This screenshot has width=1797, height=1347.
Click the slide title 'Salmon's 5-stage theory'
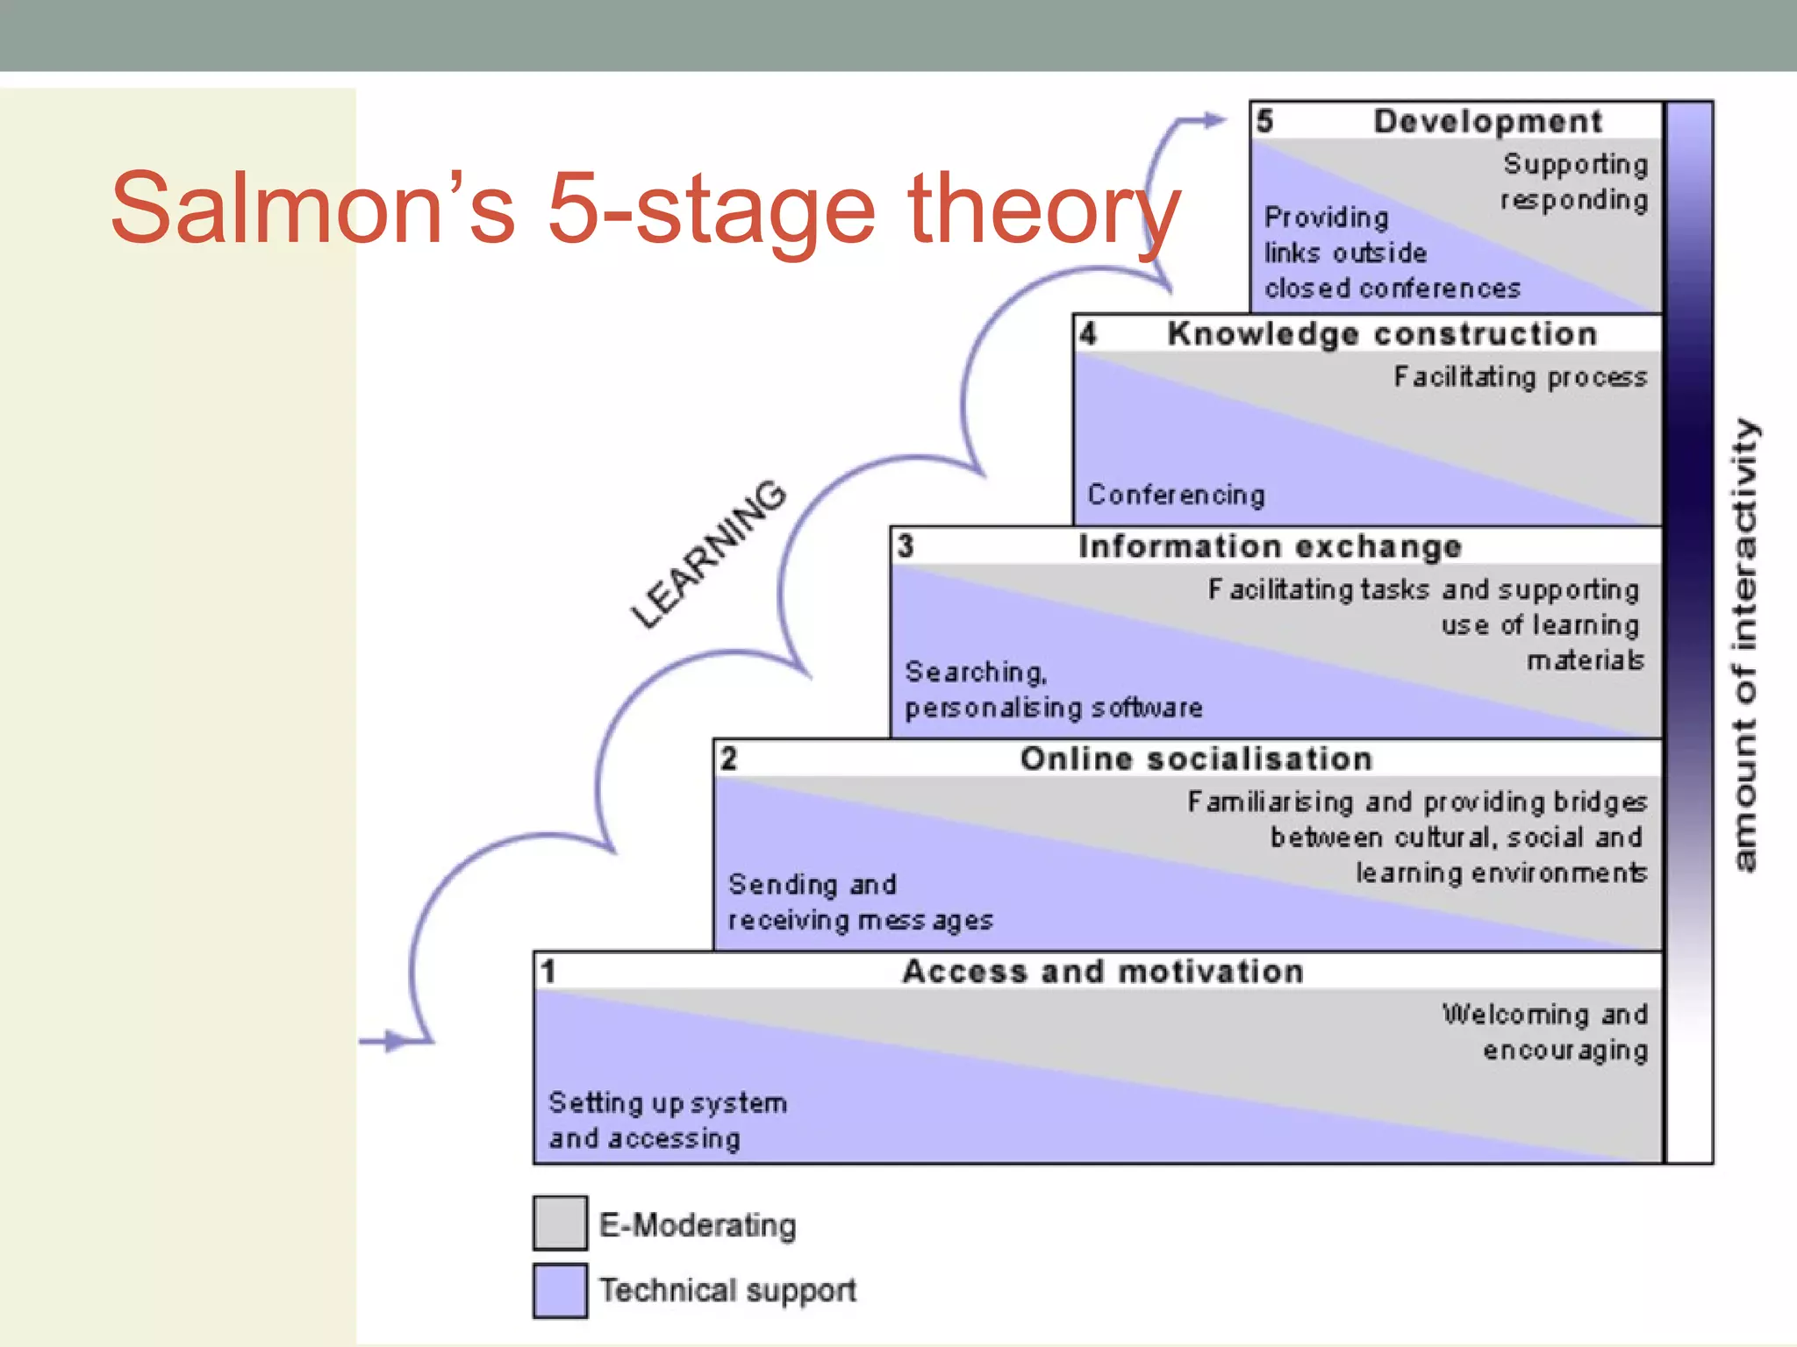pyautogui.click(x=645, y=209)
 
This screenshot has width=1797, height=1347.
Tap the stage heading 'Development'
pyautogui.click(x=1487, y=121)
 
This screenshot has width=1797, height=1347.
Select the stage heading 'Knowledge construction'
pyautogui.click(x=1381, y=334)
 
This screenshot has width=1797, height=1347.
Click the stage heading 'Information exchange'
pyautogui.click(x=1270, y=546)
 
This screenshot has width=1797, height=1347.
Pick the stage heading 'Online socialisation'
pyautogui.click(x=1196, y=759)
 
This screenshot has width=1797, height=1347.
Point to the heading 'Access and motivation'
pyautogui.click(x=1103, y=972)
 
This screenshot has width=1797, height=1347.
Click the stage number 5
pyautogui.click(x=1264, y=121)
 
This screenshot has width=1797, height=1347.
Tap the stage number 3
pyautogui.click(x=906, y=546)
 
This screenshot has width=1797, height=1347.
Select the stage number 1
pyautogui.click(x=548, y=972)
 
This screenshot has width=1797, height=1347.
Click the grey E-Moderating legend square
pyautogui.click(x=560, y=1222)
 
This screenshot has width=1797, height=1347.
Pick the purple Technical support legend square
pyautogui.click(x=560, y=1290)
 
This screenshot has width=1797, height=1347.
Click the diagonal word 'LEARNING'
pyautogui.click(x=708, y=554)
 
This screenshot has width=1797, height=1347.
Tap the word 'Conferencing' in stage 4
pyautogui.click(x=1176, y=495)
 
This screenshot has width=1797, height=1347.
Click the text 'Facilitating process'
pyautogui.click(x=1520, y=377)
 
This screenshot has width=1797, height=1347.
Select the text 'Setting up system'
pyautogui.click(x=667, y=1102)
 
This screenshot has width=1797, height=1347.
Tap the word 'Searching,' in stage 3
pyautogui.click(x=976, y=673)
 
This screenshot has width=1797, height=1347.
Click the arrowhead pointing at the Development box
pyautogui.click(x=1215, y=120)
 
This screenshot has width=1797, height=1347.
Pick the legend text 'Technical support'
pyautogui.click(x=727, y=1290)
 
